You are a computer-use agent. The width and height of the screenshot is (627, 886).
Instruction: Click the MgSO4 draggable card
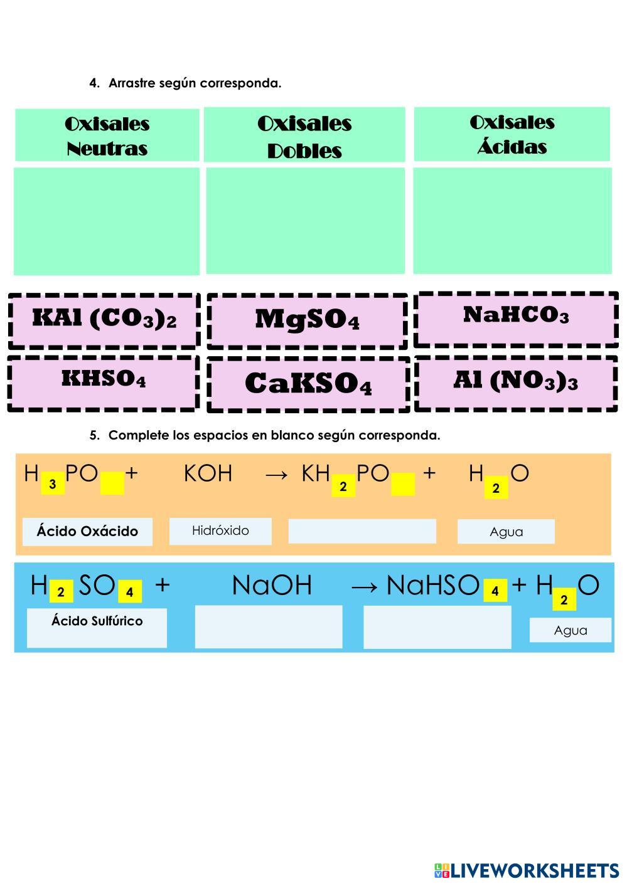point(307,320)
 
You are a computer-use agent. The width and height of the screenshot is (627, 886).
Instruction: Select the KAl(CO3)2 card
point(104,320)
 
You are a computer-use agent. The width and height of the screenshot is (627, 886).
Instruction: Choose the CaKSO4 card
point(308,384)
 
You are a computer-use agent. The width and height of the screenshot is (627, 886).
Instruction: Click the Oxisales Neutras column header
point(107,135)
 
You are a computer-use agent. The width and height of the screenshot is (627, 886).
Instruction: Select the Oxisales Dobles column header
point(304,135)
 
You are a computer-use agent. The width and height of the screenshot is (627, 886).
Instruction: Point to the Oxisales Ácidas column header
point(512,134)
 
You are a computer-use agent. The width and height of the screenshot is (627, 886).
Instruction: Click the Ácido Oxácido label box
point(87,532)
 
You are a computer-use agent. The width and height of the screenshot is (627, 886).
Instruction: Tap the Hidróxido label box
point(220,531)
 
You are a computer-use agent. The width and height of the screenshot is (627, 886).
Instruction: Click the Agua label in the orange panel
point(506,532)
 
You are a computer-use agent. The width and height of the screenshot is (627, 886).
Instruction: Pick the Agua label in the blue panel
point(570,630)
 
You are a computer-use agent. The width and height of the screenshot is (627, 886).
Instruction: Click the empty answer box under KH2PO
point(362,531)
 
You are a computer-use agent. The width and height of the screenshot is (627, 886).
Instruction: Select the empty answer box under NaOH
point(269,626)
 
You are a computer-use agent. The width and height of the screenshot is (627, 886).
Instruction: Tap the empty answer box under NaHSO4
point(437,626)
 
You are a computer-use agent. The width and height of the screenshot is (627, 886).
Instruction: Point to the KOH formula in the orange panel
point(208,474)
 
